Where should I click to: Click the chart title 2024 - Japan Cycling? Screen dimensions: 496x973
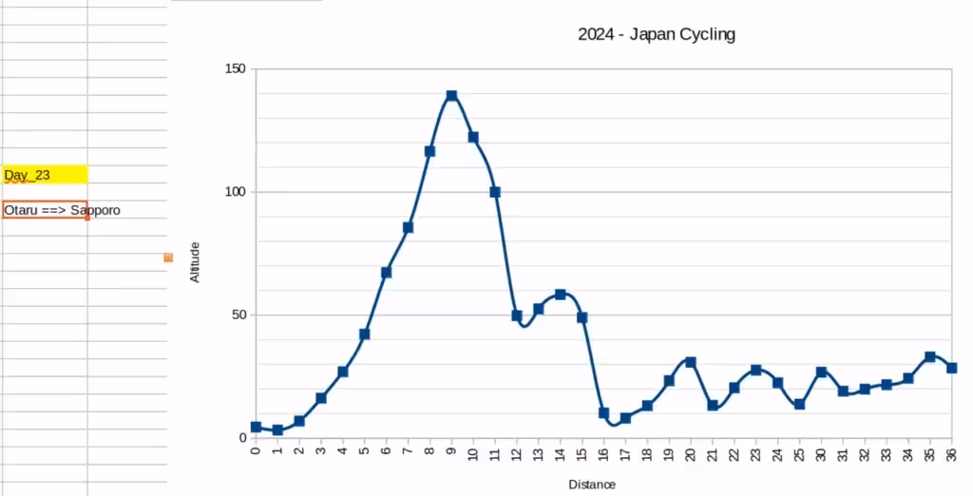click(x=657, y=35)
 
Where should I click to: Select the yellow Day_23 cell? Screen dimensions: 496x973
click(x=45, y=175)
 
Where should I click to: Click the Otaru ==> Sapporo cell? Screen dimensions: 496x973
click(x=45, y=210)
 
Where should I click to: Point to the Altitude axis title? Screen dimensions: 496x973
click(x=195, y=261)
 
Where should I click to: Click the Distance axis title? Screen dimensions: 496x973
click(x=592, y=485)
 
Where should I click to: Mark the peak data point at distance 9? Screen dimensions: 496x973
click(x=451, y=96)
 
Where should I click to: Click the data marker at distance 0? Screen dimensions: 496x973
click(x=256, y=428)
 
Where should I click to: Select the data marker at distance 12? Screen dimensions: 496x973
click(x=517, y=315)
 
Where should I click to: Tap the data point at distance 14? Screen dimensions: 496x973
click(x=561, y=295)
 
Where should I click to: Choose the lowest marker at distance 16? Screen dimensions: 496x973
click(x=603, y=413)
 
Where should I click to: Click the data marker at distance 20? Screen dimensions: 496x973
click(x=691, y=362)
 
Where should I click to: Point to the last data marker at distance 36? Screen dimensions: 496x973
click(x=951, y=368)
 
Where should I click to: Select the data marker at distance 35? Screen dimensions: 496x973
click(x=930, y=357)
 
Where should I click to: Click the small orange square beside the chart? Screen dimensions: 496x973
click(x=168, y=258)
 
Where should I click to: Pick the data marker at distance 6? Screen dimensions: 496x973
click(x=387, y=273)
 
